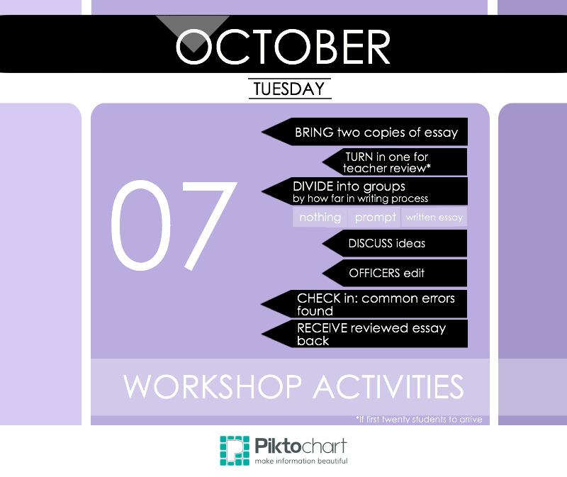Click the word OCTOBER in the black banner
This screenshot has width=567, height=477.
point(283,47)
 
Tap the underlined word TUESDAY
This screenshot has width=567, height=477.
point(289,89)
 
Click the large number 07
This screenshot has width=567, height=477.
point(174,225)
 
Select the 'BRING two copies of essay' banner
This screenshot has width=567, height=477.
point(364,132)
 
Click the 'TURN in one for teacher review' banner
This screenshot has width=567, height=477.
point(395,162)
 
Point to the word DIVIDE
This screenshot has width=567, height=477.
point(313,186)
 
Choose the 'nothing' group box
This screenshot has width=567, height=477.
point(320,217)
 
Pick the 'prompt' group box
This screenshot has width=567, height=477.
point(375,217)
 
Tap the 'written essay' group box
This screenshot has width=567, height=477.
point(434,217)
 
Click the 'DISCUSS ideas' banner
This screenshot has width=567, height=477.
point(395,243)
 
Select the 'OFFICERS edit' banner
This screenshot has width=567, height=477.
point(395,273)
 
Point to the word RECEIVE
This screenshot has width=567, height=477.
point(322,328)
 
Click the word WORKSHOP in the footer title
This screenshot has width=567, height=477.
point(213,386)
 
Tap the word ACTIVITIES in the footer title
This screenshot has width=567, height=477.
point(388,386)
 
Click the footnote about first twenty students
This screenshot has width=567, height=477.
point(419,419)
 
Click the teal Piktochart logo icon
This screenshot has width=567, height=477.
point(235,451)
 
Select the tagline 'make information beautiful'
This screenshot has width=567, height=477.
point(301,461)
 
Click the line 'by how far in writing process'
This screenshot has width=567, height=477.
point(360,198)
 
